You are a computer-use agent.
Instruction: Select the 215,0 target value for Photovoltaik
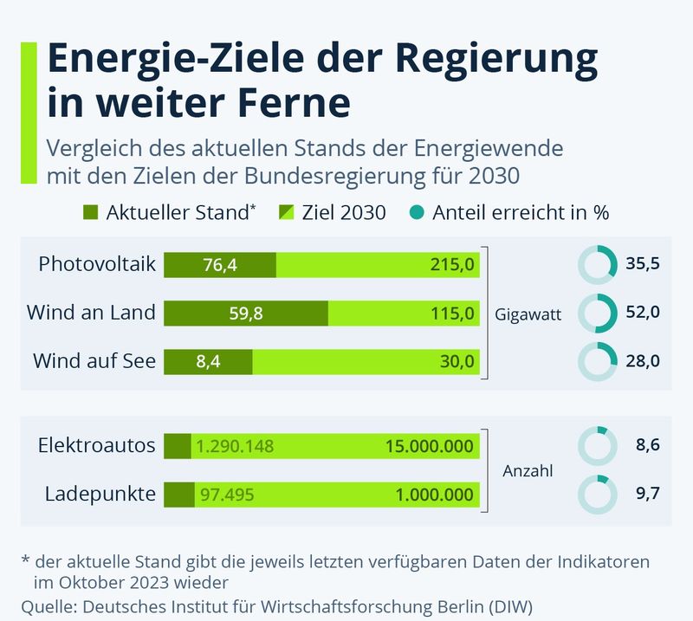[x=452, y=265]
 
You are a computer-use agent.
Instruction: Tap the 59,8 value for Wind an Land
[x=246, y=314]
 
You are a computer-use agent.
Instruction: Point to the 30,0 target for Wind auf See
[x=457, y=362]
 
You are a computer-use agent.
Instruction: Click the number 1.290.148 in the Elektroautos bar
[x=235, y=447]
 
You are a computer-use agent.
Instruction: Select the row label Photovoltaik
[x=97, y=264]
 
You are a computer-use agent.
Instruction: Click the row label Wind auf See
[x=94, y=361]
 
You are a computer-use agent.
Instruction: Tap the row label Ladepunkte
[x=100, y=495]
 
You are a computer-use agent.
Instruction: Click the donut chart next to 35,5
[x=597, y=265]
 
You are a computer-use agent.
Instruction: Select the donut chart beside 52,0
[x=597, y=313]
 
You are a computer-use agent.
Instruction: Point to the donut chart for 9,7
[x=597, y=495]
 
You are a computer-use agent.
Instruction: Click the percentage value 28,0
[x=643, y=361]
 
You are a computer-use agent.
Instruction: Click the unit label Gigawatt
[x=528, y=315]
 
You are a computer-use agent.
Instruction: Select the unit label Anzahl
[x=528, y=472]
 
